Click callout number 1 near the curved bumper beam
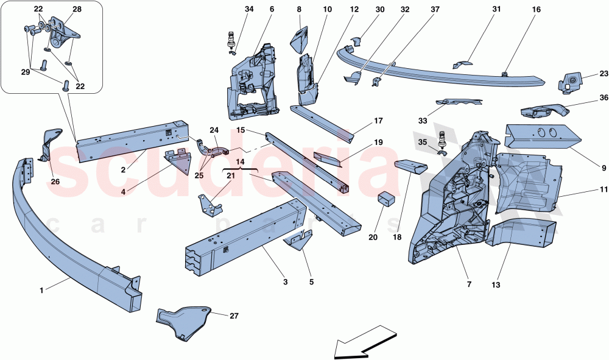41,291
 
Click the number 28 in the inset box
77,10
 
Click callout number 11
604,191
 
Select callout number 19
378,143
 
